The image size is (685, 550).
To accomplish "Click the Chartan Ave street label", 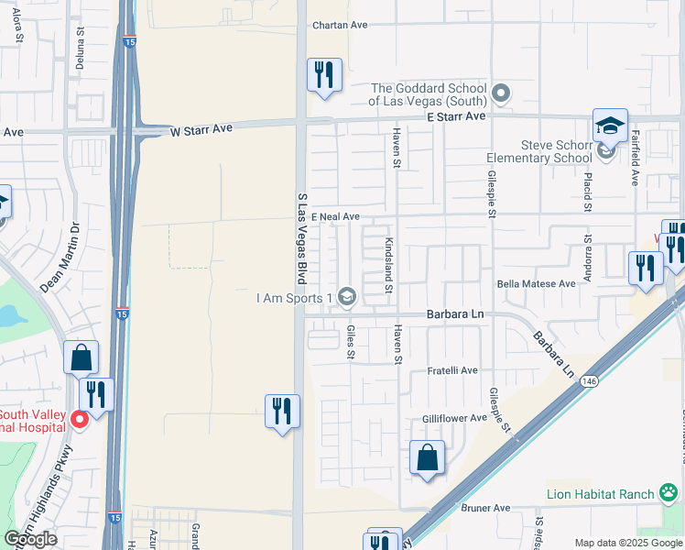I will pyautogui.click(x=339, y=25).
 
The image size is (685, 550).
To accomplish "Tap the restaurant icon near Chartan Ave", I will pyautogui.click(x=322, y=76).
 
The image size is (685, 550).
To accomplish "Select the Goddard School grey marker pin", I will pyautogui.click(x=500, y=93).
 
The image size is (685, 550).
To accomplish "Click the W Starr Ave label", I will pyautogui.click(x=201, y=130).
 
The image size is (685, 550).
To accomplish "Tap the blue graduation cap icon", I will pyautogui.click(x=610, y=125).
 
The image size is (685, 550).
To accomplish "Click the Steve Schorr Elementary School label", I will pyautogui.click(x=557, y=151).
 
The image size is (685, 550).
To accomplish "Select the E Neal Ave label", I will pyautogui.click(x=333, y=217).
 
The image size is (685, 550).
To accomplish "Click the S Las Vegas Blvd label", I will pyautogui.click(x=300, y=237).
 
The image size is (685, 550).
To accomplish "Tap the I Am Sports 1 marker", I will pyautogui.click(x=346, y=296).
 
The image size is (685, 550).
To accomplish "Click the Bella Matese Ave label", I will pyautogui.click(x=536, y=284).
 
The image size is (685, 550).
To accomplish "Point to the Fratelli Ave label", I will pyautogui.click(x=453, y=370).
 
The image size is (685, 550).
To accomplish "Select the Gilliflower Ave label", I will pyautogui.click(x=454, y=418).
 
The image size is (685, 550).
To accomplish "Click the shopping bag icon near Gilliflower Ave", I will pyautogui.click(x=427, y=457).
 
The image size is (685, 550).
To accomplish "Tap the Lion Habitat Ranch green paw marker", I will pyautogui.click(x=669, y=494).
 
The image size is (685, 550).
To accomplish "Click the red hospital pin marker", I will pyautogui.click(x=79, y=420).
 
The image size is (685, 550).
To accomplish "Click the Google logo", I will pyautogui.click(x=30, y=539).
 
